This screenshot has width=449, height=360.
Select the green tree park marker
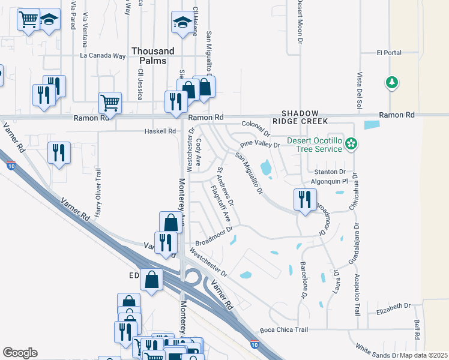coord(392,82)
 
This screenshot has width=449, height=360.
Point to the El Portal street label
coord(389,53)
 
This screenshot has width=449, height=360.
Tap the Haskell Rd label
coord(160,131)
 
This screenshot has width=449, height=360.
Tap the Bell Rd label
coord(416,328)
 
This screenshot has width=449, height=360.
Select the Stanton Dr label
coord(330,172)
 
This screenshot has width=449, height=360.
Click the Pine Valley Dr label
coord(261,145)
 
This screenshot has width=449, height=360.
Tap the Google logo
coord(20,352)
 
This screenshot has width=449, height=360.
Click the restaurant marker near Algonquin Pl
coord(305,199)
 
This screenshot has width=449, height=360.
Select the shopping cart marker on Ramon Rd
coord(110,103)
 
